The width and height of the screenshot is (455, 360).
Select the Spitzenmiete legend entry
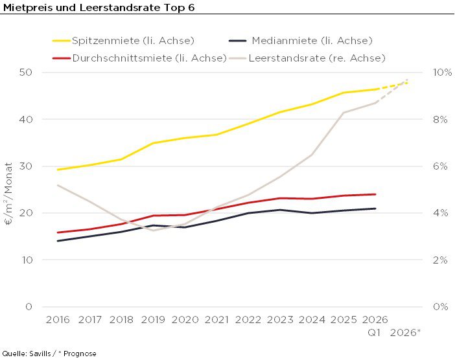click(123, 41)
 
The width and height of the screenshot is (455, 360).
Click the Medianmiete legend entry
click(301, 41)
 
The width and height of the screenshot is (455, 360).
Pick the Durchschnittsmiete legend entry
click(139, 58)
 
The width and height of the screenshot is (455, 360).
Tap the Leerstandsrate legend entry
click(308, 58)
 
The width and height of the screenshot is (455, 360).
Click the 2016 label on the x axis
click(58, 320)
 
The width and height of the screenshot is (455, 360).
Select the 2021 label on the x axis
click(216, 320)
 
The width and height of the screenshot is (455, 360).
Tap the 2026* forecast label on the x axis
click(405, 333)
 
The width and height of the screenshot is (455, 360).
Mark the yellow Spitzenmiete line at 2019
click(153, 143)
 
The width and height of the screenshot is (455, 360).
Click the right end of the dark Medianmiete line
click(375, 208)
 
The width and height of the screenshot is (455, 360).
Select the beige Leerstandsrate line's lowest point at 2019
click(153, 231)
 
